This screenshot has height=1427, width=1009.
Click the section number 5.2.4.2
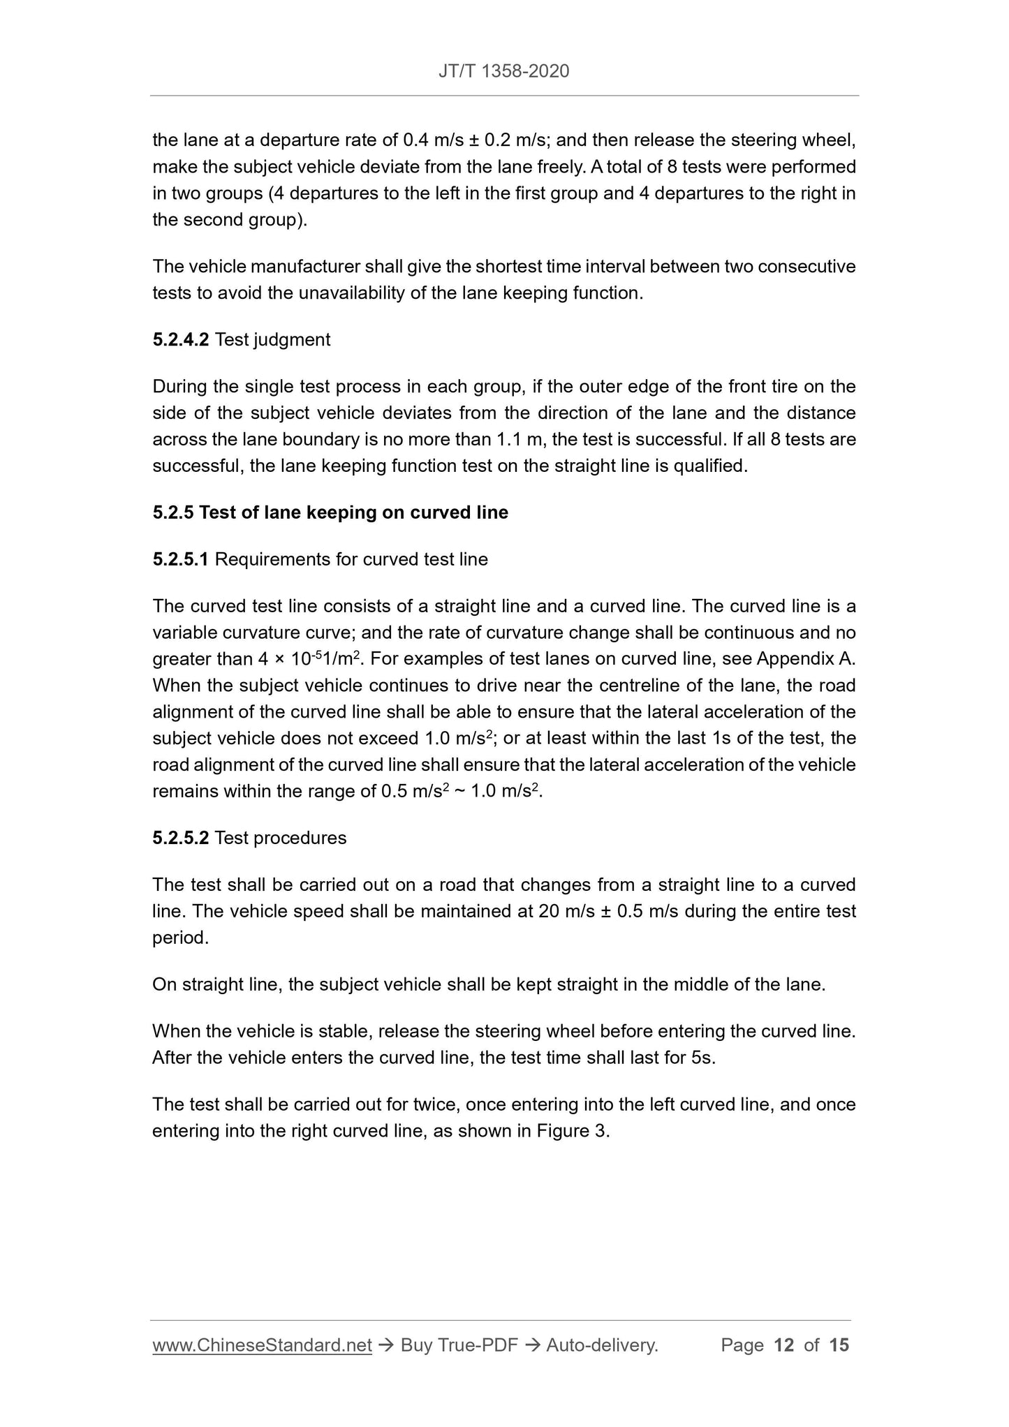(x=180, y=340)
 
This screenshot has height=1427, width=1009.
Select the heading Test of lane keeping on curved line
(x=353, y=512)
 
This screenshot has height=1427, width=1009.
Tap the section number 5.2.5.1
(x=180, y=559)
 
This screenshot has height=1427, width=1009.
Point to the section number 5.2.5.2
(x=180, y=838)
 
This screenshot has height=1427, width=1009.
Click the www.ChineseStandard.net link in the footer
(x=262, y=1345)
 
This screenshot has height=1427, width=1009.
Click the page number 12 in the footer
(x=784, y=1345)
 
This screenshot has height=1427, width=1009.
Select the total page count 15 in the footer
(x=839, y=1345)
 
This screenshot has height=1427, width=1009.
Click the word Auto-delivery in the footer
(x=601, y=1345)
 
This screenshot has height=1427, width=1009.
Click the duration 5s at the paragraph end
(x=703, y=1058)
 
